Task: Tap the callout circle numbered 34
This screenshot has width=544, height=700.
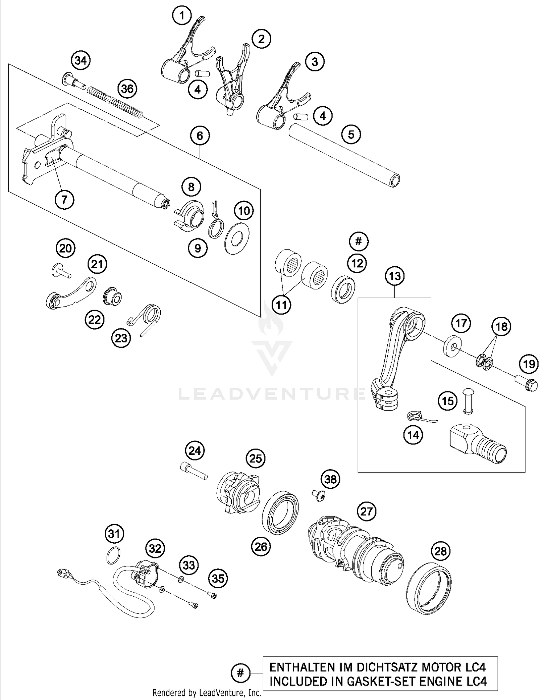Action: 81,60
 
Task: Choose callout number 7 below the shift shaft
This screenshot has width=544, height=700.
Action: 65,199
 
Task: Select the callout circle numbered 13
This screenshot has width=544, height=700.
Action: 395,276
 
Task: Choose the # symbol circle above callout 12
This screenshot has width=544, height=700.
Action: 358,241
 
